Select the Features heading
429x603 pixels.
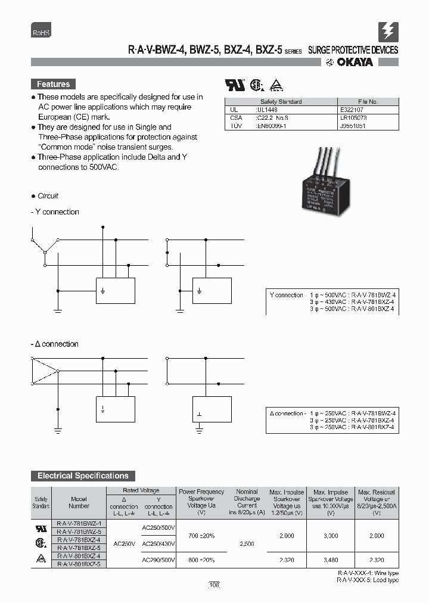pos(54,84)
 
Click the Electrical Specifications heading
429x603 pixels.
pos(83,475)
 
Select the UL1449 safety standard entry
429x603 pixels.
pos(268,110)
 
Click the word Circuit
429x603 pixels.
pos(48,196)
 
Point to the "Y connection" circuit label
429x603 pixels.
pos(55,212)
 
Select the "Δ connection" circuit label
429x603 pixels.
pos(55,344)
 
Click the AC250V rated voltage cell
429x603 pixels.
pos(124,543)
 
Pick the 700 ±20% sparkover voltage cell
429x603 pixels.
pos(201,536)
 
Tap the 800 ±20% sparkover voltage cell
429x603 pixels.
pos(201,561)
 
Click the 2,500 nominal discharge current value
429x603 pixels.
pos(247,543)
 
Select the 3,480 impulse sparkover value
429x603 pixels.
pos(331,561)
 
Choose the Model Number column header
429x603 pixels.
pos(79,502)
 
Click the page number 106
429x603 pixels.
pos(214,586)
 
